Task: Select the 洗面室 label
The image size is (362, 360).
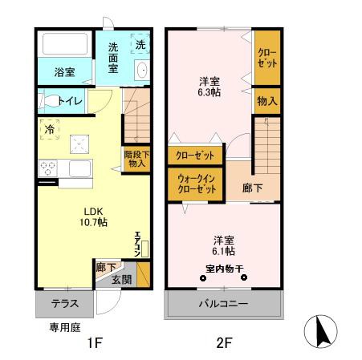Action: (x=112, y=63)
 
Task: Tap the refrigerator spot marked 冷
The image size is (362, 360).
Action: (x=50, y=128)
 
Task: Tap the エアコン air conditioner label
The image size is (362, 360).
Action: (x=137, y=243)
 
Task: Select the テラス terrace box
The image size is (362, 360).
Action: (x=64, y=305)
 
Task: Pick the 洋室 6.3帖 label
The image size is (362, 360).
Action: (x=210, y=86)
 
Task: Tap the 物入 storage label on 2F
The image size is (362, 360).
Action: (x=267, y=102)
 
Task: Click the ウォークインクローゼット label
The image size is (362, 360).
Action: (x=196, y=184)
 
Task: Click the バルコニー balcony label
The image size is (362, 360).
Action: (x=225, y=305)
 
